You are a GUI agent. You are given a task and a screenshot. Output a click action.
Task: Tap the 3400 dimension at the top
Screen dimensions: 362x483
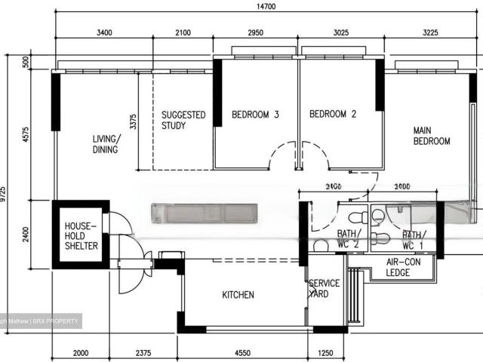104,32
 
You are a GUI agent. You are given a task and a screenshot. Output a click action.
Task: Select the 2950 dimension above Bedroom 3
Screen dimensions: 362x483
256,32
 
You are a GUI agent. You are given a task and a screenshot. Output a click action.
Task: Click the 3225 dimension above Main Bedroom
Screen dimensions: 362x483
432,32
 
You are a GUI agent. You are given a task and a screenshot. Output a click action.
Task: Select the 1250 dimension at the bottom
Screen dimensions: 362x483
325,353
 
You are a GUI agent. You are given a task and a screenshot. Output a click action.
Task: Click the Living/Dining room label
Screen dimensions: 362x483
106,144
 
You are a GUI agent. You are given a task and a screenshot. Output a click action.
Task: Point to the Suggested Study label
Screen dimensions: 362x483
183,120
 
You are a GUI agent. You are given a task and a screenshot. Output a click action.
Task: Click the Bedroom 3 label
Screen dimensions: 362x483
255,115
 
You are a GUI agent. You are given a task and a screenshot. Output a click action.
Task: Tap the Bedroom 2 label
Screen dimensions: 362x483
333,115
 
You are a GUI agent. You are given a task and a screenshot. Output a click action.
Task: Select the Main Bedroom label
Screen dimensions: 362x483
432,136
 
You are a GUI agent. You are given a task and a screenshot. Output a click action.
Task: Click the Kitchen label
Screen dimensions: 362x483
238,295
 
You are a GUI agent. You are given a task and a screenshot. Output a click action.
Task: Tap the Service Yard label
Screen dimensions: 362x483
325,289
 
